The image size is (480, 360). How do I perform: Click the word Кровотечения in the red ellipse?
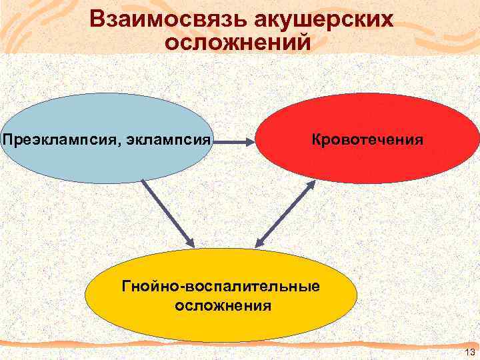(x=367, y=140)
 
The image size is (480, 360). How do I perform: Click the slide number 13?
(x=469, y=352)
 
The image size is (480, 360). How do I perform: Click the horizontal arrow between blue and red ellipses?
(x=233, y=141)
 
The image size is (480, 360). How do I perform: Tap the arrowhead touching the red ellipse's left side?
(x=249, y=141)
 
